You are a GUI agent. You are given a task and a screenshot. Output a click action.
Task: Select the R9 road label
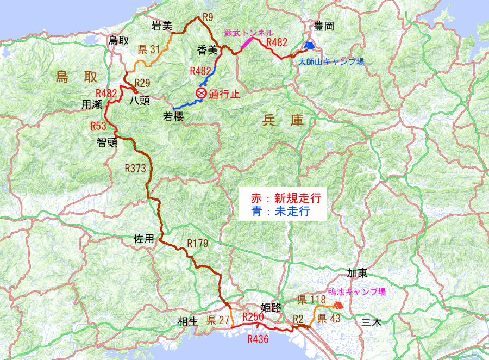pyautogui.click(x=207, y=17)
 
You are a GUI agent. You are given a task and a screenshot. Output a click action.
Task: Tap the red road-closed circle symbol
pyautogui.click(x=201, y=93)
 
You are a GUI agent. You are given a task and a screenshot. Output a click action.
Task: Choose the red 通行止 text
pyautogui.click(x=224, y=94)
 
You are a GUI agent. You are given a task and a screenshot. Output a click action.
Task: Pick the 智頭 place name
pyautogui.click(x=108, y=143)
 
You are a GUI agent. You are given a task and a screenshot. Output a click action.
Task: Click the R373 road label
pyautogui.click(x=135, y=169)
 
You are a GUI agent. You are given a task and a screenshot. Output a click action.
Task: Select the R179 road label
pyautogui.click(x=197, y=243)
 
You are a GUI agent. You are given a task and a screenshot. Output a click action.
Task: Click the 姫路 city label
pyautogui.click(x=271, y=308)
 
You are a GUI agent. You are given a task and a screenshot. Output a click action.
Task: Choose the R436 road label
pyautogui.click(x=258, y=339)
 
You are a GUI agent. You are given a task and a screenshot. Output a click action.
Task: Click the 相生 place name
pyautogui.click(x=188, y=321)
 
